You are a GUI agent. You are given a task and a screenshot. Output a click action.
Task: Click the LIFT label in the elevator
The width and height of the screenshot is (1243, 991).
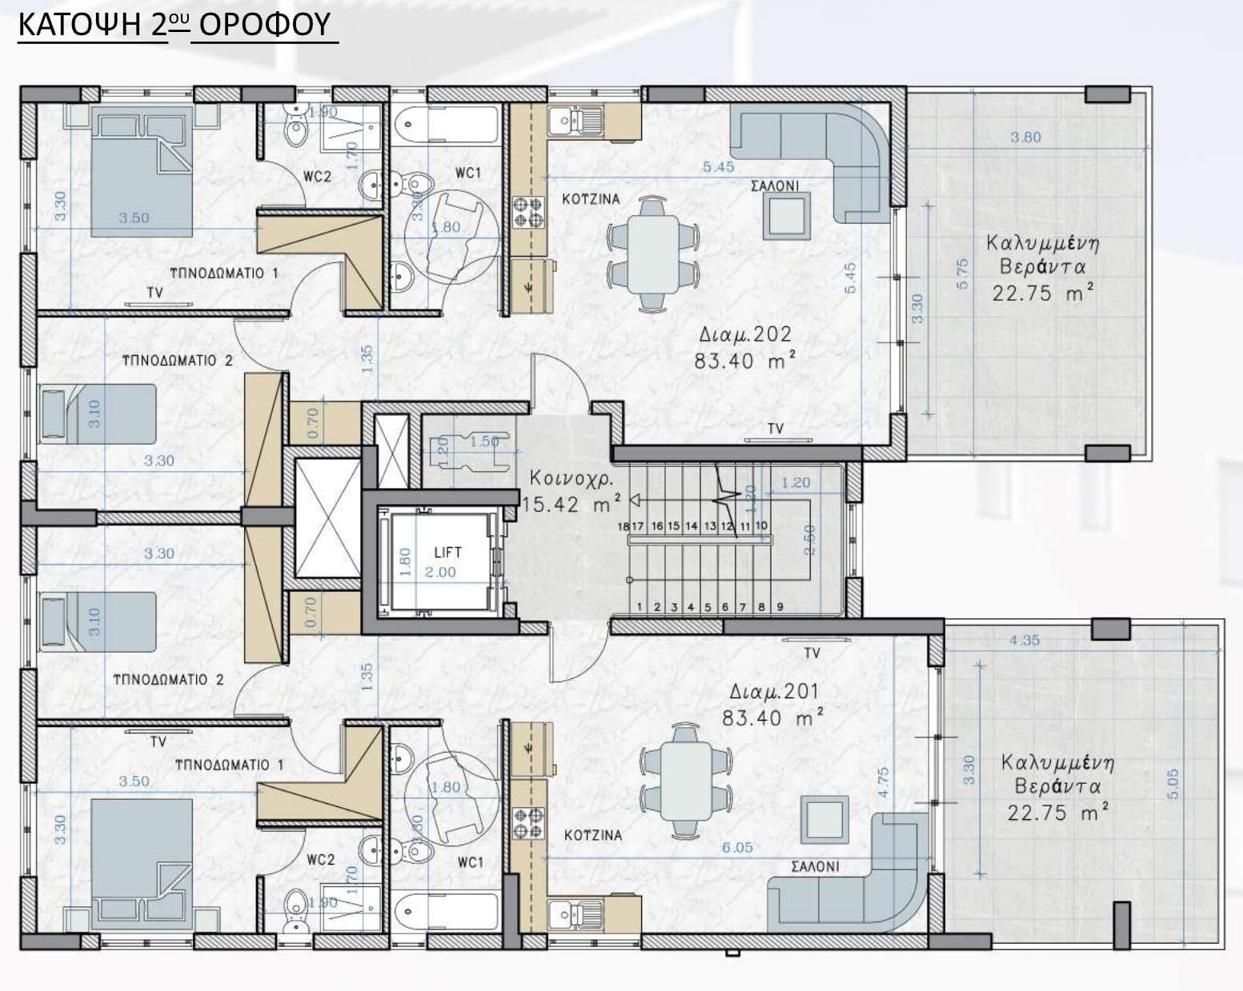pos(447,552)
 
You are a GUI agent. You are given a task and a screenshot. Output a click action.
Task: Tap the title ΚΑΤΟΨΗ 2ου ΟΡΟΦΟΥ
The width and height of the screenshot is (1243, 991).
pos(174,25)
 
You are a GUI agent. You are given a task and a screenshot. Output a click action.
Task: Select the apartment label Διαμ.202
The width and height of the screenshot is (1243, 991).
pos(744,334)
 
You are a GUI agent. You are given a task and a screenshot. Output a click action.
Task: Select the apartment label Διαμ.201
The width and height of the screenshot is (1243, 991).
pos(773,691)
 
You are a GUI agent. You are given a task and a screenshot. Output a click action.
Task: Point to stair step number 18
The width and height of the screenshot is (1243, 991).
pos(624,526)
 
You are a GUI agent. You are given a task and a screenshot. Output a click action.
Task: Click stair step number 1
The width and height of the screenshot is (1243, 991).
pos(640,607)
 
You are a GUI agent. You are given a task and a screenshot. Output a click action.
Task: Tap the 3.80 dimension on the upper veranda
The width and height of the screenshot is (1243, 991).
pos(1025,137)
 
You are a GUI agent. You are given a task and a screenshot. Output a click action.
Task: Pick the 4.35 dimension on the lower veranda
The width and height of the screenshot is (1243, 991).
pos(1024,640)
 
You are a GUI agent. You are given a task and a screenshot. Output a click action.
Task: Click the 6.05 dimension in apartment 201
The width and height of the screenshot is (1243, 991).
pos(737,847)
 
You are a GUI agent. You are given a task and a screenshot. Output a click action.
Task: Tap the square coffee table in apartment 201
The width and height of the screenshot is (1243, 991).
pos(825,819)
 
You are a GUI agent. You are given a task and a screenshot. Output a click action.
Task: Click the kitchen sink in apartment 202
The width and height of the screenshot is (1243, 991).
pos(575,121)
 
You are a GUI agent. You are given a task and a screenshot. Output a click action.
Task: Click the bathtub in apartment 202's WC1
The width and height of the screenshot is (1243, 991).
pos(445,124)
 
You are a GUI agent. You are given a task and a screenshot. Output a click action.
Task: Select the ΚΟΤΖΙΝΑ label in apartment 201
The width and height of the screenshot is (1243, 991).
pos(592,835)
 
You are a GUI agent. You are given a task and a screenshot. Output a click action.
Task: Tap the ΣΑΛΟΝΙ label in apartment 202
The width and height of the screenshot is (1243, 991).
pos(774,186)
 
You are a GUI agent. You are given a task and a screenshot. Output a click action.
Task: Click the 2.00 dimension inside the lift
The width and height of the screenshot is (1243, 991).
pos(439,572)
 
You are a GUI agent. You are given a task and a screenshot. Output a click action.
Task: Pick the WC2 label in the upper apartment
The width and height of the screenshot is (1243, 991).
pos(317,177)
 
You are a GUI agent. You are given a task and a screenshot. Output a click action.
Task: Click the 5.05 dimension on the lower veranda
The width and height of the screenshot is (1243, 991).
pos(1173,784)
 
